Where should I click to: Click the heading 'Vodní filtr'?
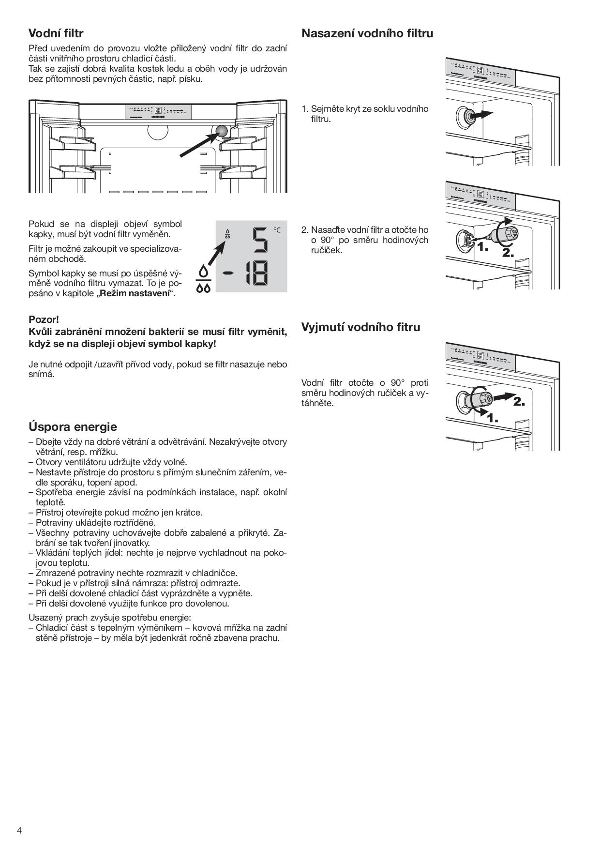point(56,33)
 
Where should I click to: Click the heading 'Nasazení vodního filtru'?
point(367,33)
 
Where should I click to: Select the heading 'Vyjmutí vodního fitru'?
point(360,327)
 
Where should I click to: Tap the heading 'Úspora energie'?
point(73,427)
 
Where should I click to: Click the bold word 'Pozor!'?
point(44,319)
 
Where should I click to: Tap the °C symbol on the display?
point(277,230)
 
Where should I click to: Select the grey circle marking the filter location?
point(222,131)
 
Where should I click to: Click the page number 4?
point(19,830)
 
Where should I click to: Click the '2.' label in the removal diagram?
point(518,401)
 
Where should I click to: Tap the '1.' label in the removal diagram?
point(492,417)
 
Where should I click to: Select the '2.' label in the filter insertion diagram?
point(508,253)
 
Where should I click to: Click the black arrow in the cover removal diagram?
point(482,114)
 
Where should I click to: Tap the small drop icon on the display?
point(227,234)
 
